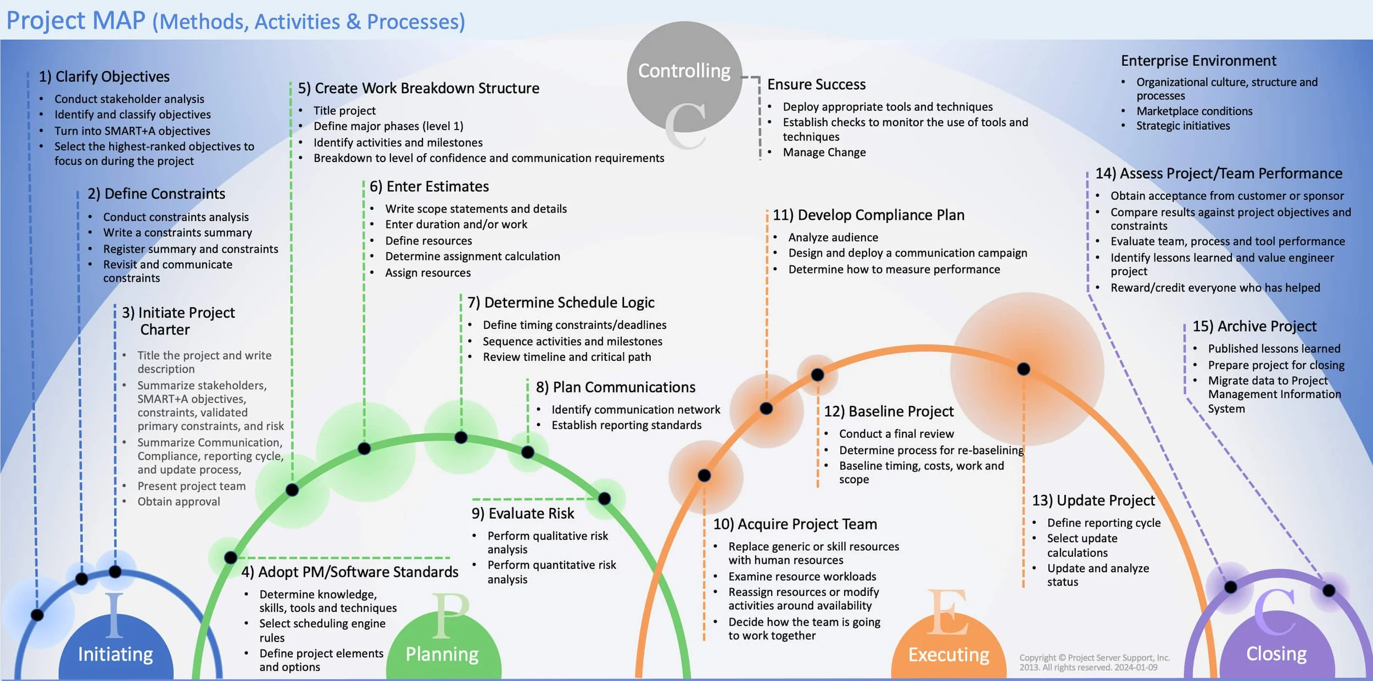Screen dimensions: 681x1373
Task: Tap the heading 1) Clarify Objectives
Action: [104, 76]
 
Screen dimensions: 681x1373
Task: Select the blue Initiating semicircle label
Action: [115, 654]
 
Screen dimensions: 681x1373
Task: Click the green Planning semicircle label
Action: [442, 654]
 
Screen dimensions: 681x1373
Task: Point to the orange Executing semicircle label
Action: [948, 654]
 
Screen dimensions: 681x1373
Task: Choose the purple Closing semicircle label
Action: [1276, 654]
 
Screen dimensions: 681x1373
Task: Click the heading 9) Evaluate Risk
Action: [523, 513]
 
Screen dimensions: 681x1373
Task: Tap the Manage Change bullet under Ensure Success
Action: [824, 152]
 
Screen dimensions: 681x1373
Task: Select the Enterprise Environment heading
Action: [1198, 60]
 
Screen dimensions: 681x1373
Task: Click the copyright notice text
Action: [1094, 662]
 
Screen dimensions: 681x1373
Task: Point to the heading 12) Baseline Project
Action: [889, 411]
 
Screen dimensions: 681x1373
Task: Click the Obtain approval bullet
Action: [178, 501]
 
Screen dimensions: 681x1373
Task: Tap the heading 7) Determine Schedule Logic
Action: [561, 303]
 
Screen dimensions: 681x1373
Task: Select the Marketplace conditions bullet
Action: [1194, 111]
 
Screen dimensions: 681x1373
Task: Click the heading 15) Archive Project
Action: [1254, 326]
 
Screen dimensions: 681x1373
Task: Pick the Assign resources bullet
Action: [428, 272]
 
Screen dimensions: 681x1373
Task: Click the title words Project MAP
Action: [76, 20]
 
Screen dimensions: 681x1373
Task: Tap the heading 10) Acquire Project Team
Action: [795, 524]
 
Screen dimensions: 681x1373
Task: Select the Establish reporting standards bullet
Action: [626, 425]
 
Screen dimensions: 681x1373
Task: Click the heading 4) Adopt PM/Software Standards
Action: [350, 572]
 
